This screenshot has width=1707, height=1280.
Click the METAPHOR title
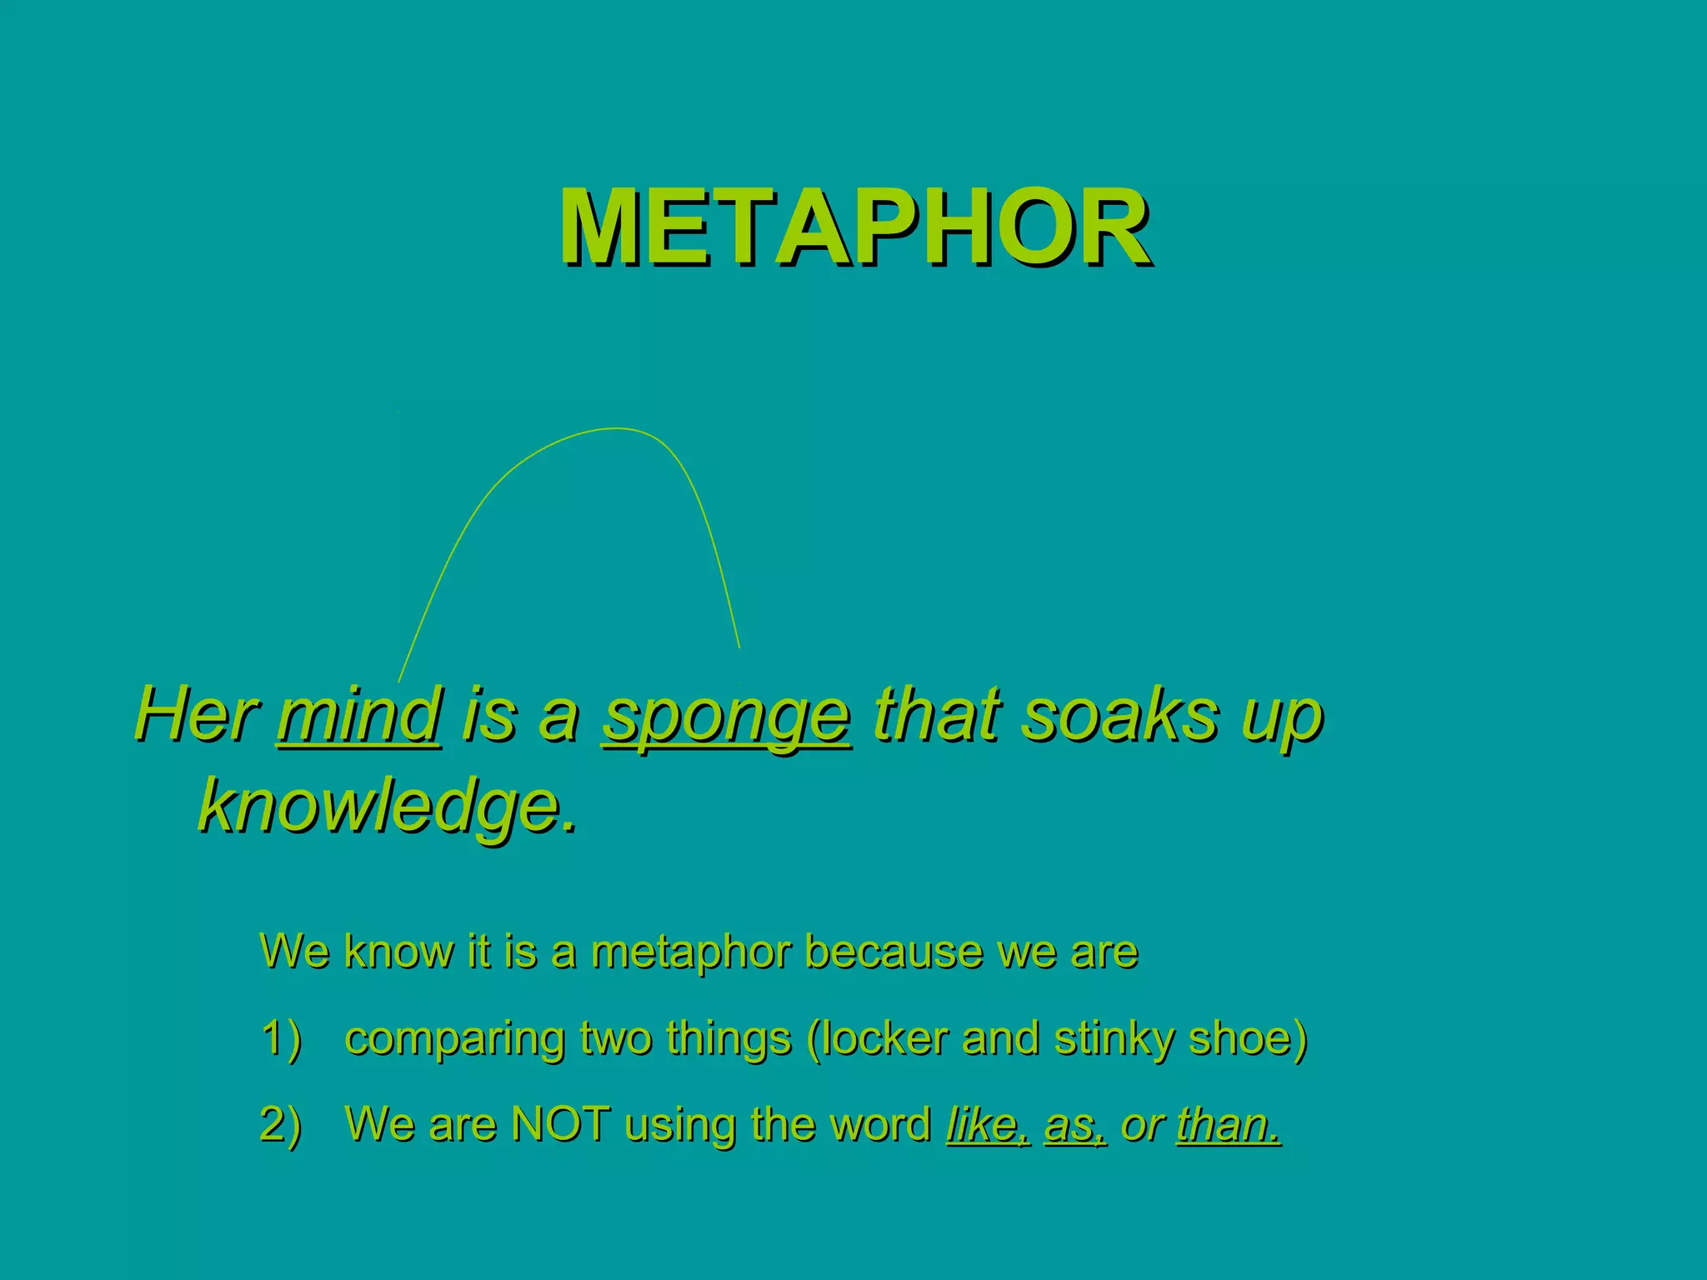[855, 227]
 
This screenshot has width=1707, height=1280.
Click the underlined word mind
[359, 715]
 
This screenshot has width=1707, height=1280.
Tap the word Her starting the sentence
[195, 715]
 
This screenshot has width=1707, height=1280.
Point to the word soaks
[1119, 715]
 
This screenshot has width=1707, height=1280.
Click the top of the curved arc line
[615, 429]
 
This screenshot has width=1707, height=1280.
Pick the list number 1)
[281, 1039]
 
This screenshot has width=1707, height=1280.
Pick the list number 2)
[281, 1125]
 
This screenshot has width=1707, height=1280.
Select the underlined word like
[988, 1124]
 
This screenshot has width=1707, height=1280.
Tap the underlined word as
[1074, 1126]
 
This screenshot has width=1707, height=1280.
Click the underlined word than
[1227, 1124]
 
